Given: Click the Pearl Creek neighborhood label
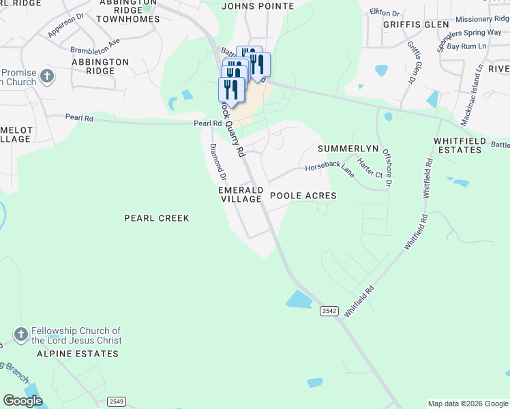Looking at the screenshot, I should click(x=156, y=218).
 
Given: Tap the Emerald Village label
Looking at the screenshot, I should click(x=240, y=194).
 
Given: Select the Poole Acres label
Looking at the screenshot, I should click(x=303, y=196).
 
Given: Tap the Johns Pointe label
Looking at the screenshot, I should click(x=258, y=6).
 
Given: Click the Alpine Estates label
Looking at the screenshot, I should click(x=78, y=354).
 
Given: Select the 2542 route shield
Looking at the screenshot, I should click(x=329, y=311).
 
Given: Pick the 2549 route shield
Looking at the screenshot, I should click(x=117, y=401).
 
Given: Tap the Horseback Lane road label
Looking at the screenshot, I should click(x=329, y=170).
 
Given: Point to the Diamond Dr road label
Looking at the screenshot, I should click(x=218, y=162).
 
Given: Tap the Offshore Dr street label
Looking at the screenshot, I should click(x=387, y=168).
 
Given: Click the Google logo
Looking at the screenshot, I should click(x=22, y=401).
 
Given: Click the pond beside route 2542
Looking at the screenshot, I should click(x=299, y=299).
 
